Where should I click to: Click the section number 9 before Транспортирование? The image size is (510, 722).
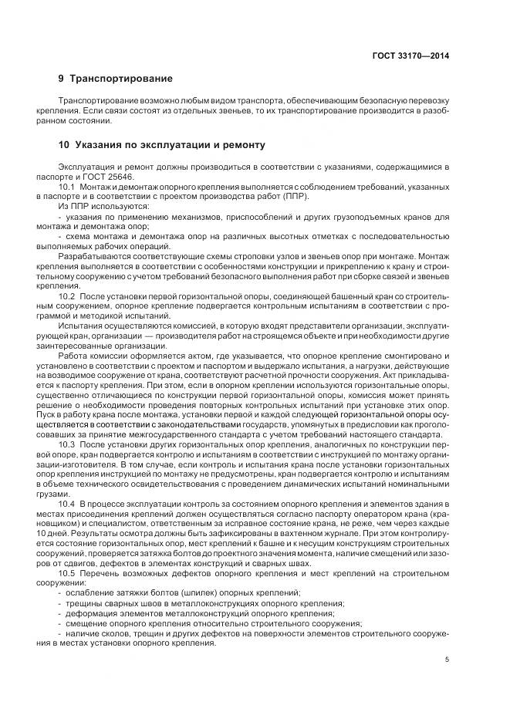coord(61,79)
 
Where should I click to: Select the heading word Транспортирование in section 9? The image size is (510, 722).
coord(121,79)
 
